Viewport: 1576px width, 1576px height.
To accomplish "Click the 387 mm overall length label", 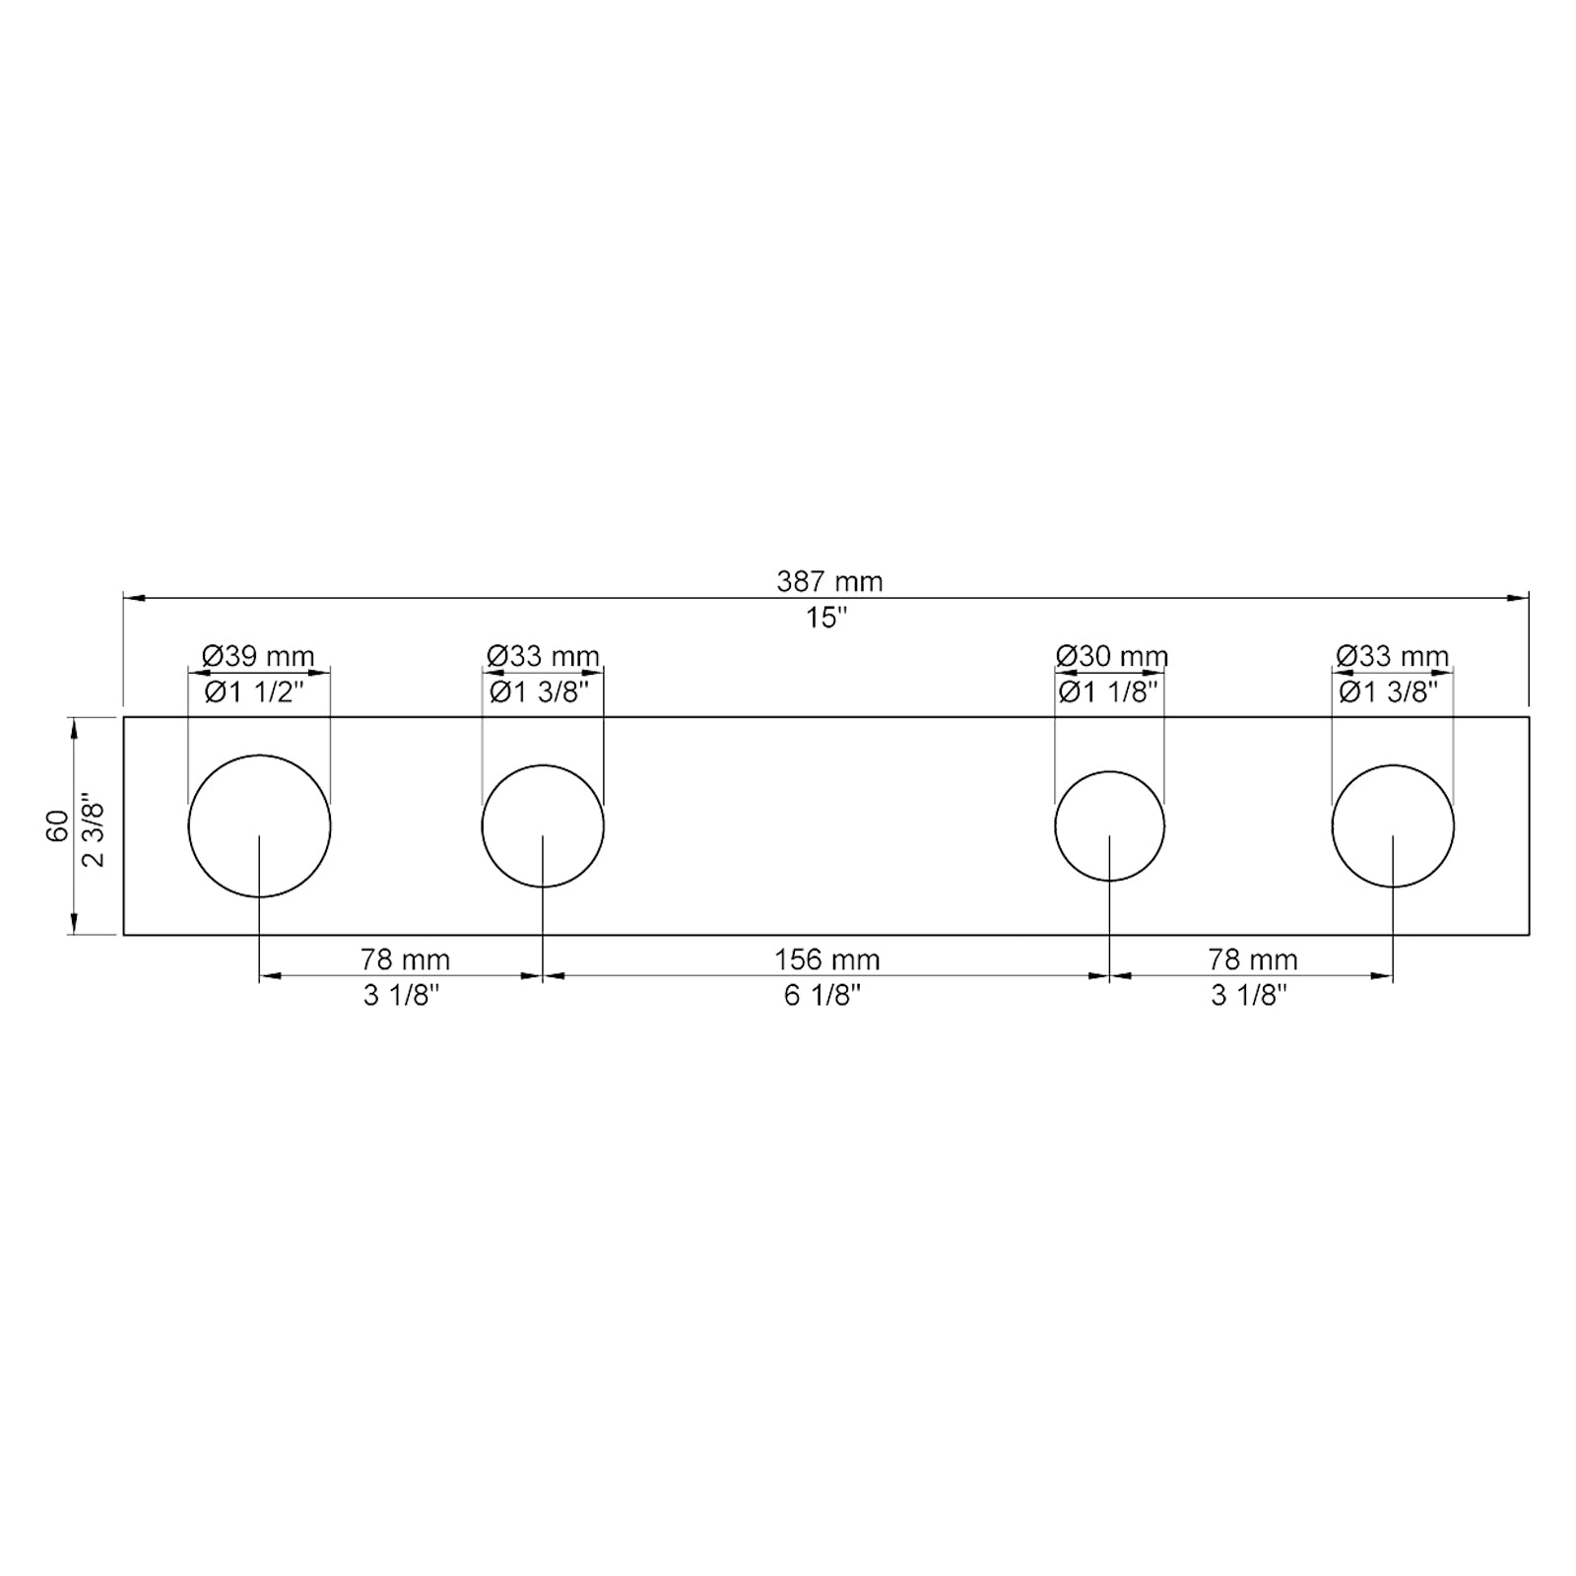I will [829, 582].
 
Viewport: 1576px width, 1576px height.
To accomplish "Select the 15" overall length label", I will [826, 619].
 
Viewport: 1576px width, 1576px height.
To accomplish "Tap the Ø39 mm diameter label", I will [258, 656].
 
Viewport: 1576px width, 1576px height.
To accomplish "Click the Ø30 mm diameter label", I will [1111, 656].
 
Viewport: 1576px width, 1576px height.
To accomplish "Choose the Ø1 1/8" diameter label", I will [1108, 692].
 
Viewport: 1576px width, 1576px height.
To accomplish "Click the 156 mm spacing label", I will [826, 959].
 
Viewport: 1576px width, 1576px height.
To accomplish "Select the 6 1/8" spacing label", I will [822, 996].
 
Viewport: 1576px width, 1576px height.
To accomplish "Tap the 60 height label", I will [58, 825].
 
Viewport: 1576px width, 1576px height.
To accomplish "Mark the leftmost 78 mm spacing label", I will [405, 959].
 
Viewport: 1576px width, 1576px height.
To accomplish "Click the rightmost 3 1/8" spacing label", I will [1249, 996].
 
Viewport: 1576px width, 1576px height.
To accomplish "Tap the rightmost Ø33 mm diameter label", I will [1392, 656].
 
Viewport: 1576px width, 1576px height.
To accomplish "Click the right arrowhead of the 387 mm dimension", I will [1520, 598].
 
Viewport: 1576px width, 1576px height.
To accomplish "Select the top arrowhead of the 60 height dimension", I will [73, 726].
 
